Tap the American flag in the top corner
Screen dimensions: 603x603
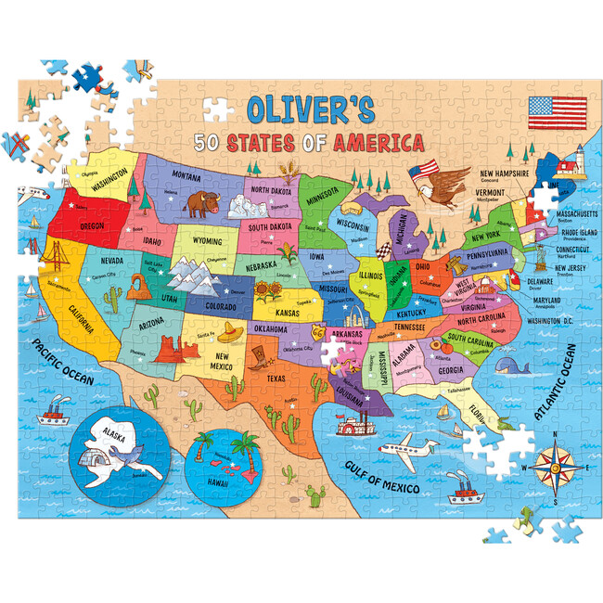tap(558, 112)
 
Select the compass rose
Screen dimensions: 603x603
tap(557, 462)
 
